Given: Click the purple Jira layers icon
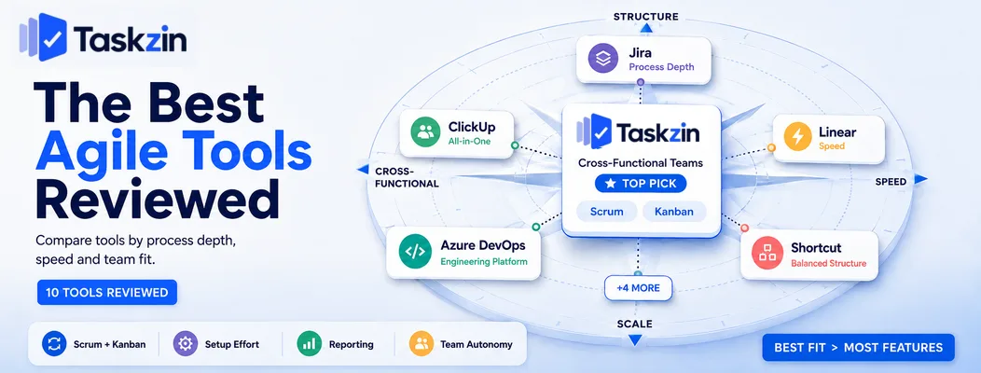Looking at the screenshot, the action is pyautogui.click(x=603, y=60).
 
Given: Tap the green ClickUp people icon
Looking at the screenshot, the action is pyautogui.click(x=426, y=132).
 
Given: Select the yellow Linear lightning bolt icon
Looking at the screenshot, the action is pyautogui.click(x=797, y=138).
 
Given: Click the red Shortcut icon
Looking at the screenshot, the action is pyautogui.click(x=767, y=253).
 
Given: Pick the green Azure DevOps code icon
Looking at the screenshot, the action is pyautogui.click(x=415, y=252).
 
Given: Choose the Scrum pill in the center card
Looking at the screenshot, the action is pyautogui.click(x=607, y=212).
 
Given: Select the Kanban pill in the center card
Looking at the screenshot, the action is pyautogui.click(x=674, y=212).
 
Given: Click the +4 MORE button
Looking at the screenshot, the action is pyautogui.click(x=638, y=288).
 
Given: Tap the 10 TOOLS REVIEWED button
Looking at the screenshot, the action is pyautogui.click(x=107, y=292).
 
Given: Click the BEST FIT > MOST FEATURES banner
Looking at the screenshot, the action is pyautogui.click(x=858, y=347).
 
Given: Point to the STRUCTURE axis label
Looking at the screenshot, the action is pyautogui.click(x=645, y=17).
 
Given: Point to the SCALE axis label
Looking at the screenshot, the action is pyautogui.click(x=634, y=325).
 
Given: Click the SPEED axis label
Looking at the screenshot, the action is pyautogui.click(x=891, y=182).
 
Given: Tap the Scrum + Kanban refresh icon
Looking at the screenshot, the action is pyautogui.click(x=54, y=343).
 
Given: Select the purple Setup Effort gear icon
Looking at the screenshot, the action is pyautogui.click(x=186, y=343).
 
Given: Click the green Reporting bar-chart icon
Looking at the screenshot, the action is pyautogui.click(x=309, y=343).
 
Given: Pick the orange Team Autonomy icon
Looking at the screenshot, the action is pyautogui.click(x=421, y=343).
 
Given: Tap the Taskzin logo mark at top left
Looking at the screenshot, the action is pyautogui.click(x=43, y=37).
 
